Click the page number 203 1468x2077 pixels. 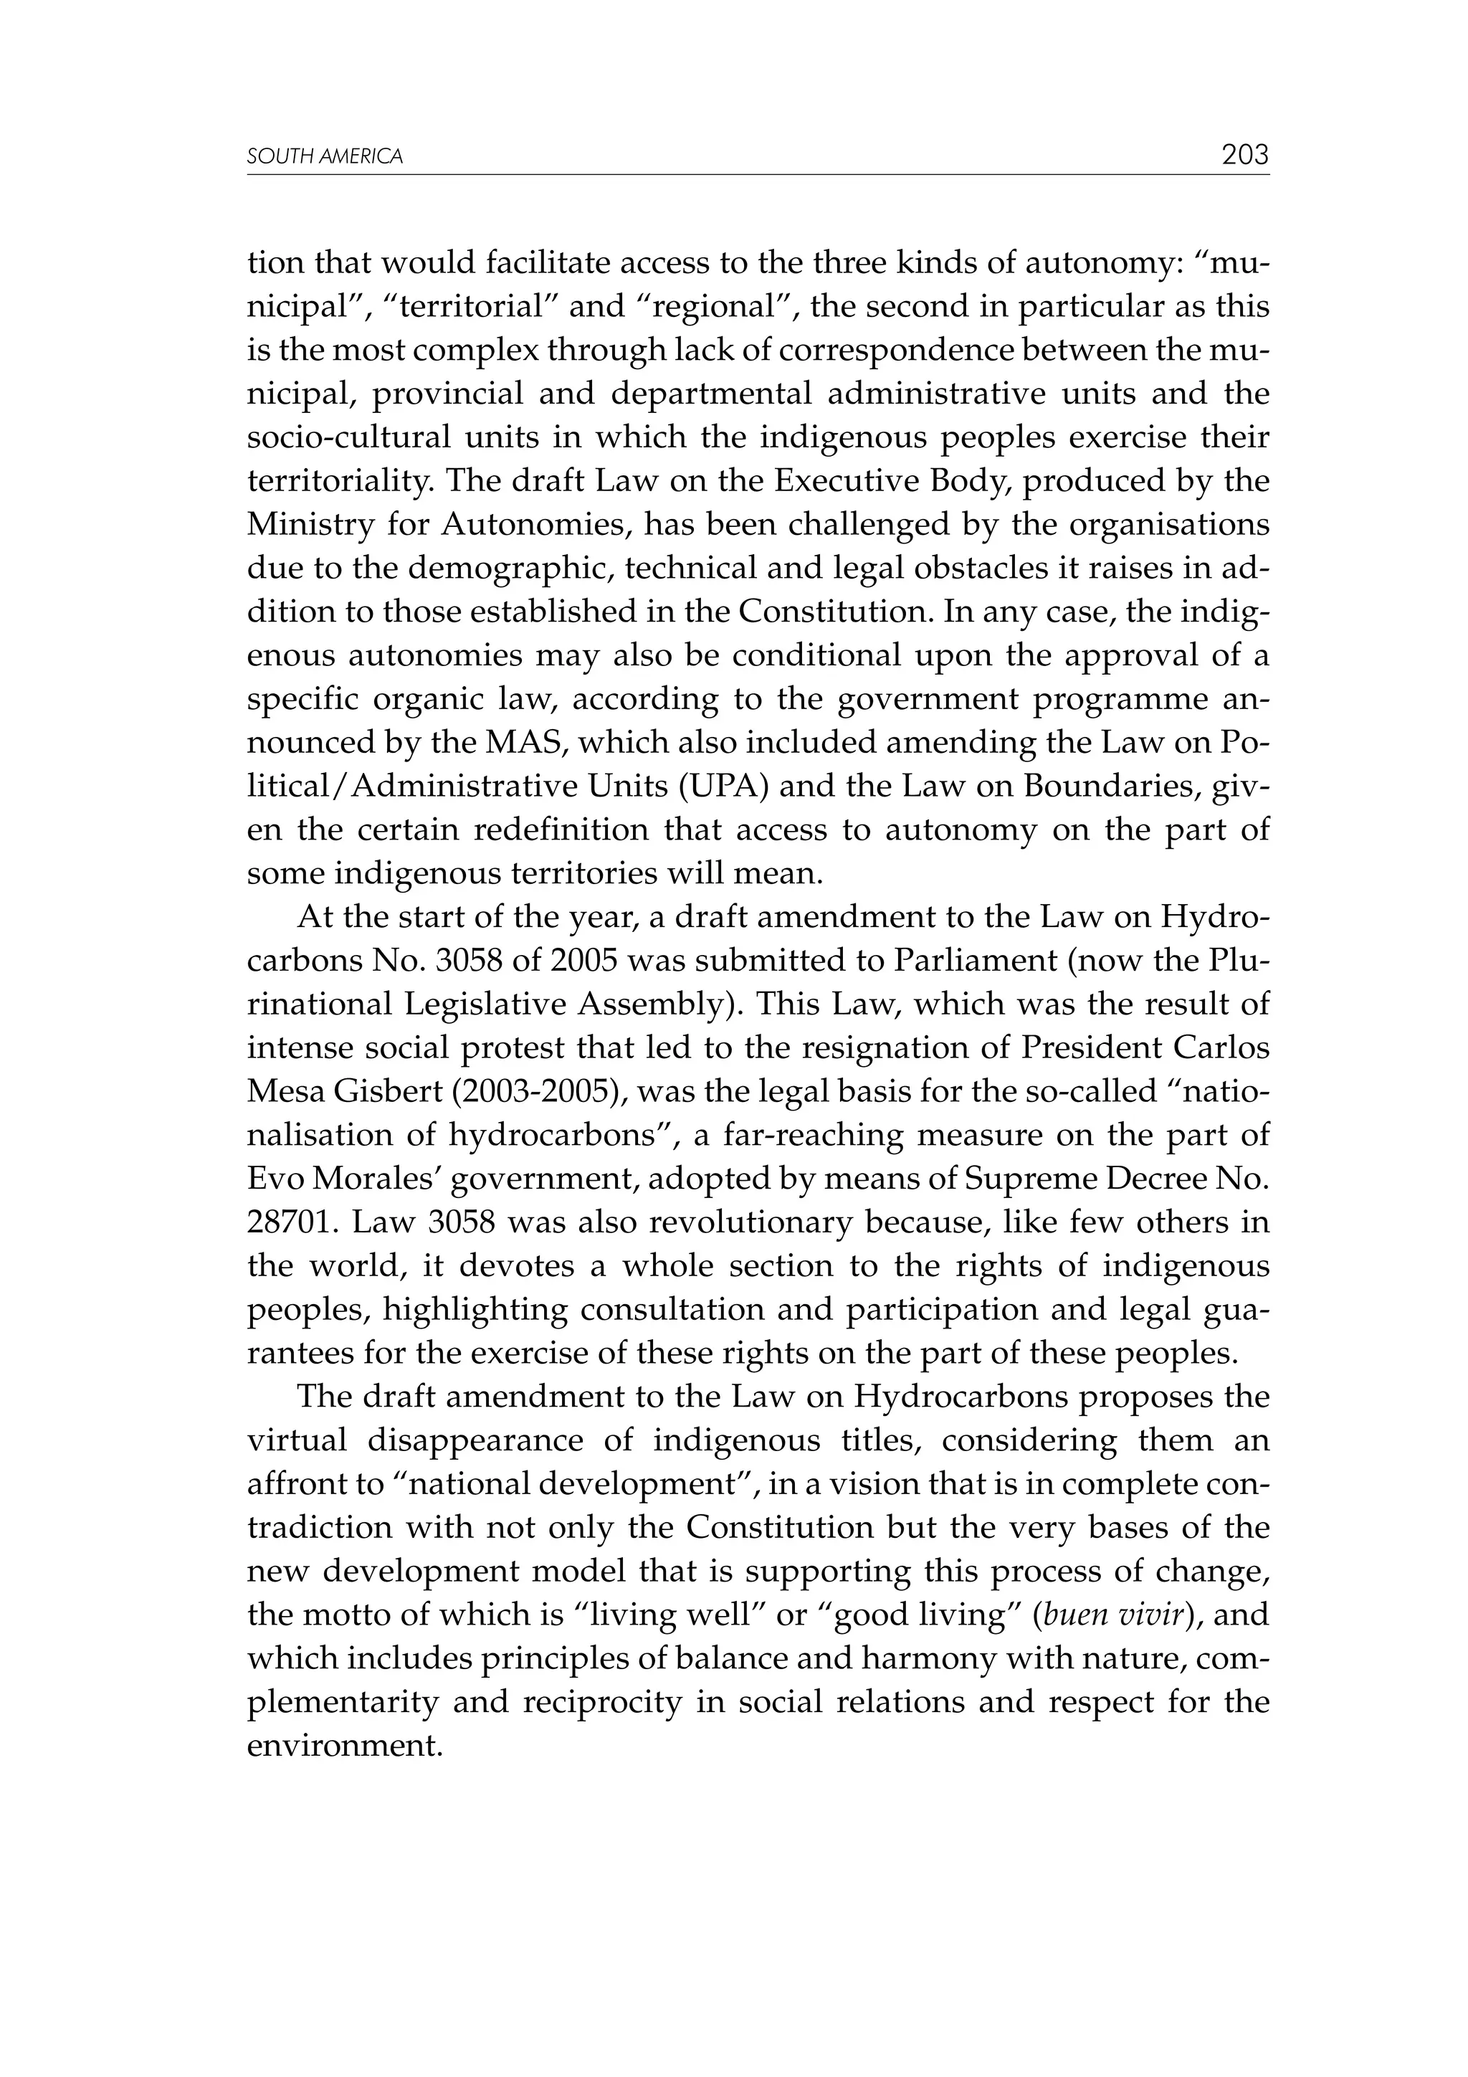(x=1244, y=156)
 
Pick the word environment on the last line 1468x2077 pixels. (x=344, y=1746)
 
